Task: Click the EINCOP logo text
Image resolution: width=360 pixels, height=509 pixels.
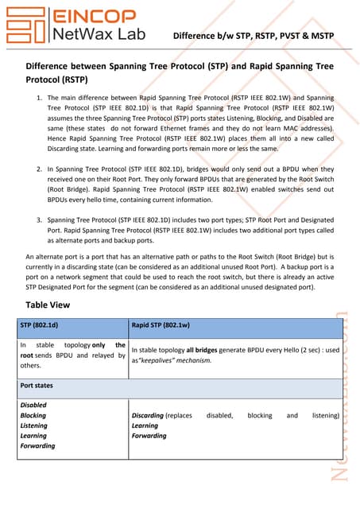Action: (92, 16)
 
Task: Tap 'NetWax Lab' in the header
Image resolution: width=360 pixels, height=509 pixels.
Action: (92, 34)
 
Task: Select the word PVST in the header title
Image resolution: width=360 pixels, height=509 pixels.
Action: (278, 36)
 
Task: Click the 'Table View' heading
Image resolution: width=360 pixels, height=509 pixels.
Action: (48, 305)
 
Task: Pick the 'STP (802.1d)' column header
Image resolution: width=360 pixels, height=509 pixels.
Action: (42, 326)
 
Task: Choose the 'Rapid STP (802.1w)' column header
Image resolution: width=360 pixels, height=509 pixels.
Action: (161, 326)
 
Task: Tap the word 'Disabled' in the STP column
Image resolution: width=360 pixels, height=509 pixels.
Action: (33, 405)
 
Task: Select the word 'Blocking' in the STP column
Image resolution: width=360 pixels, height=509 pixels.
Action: (33, 415)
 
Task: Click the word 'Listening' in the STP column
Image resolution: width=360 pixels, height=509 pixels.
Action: (34, 425)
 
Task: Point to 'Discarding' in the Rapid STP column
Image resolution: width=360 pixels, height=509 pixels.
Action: (149, 415)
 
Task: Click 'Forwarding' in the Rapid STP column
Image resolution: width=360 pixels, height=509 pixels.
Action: (149, 436)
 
